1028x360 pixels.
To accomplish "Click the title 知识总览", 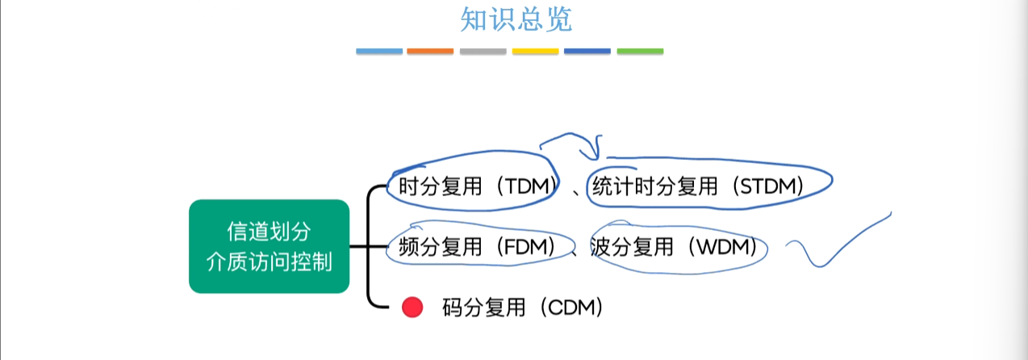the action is (x=516, y=19).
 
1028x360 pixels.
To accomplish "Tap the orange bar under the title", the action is (x=430, y=52).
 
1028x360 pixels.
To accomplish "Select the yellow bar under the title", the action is (x=535, y=52).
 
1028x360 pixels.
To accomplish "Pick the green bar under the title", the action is (x=640, y=52).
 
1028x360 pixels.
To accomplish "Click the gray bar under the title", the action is (x=483, y=52).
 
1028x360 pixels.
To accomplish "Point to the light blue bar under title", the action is (x=379, y=52).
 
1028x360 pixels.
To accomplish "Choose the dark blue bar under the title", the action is (x=587, y=52).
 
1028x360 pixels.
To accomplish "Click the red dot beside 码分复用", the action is (x=412, y=308).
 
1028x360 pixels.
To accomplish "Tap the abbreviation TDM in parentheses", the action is (x=527, y=186).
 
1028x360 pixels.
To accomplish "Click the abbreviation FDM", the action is (x=526, y=247).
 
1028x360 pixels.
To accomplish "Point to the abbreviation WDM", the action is (x=723, y=247).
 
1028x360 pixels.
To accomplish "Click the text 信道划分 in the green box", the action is (x=269, y=232).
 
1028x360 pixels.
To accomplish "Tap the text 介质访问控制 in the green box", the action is (x=269, y=262).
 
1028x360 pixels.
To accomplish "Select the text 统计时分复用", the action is (x=655, y=186).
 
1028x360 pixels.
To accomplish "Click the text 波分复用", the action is (x=632, y=247).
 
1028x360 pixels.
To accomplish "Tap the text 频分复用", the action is (x=440, y=247).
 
